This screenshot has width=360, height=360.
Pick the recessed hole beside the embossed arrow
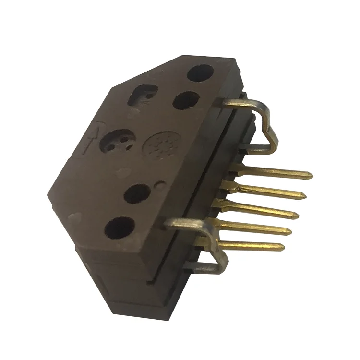pos(117,141)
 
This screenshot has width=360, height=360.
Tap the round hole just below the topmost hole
pos(186,100)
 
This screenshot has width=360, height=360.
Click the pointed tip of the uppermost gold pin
pos(312,175)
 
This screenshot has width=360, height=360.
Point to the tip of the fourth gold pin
pos(292,232)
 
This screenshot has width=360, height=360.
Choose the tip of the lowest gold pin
pos(284,247)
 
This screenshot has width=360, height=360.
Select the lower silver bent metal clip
pos(206,245)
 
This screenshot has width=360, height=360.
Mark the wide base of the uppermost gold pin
pos(240,169)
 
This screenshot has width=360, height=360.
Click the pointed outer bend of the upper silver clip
pos(276,142)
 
